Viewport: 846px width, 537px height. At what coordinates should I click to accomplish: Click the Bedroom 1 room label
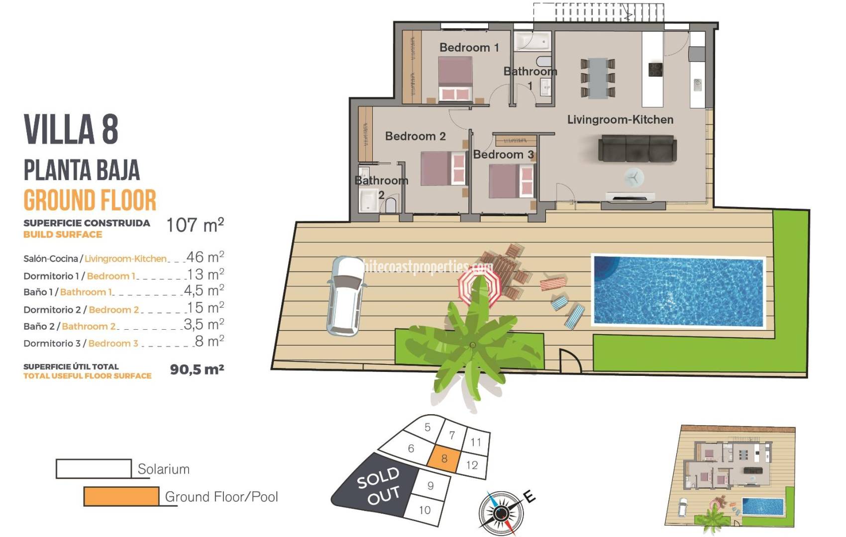click(469, 48)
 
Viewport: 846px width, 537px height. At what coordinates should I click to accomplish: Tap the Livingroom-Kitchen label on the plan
click(620, 120)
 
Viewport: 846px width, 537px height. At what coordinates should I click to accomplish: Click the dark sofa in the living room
click(637, 148)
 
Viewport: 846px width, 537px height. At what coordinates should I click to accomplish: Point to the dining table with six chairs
click(598, 78)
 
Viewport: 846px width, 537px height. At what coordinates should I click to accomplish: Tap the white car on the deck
click(346, 295)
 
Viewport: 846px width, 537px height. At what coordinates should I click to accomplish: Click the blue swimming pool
click(678, 291)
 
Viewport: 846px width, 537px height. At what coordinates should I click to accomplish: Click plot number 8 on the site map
click(444, 458)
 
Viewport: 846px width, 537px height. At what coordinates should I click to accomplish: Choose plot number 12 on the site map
click(472, 465)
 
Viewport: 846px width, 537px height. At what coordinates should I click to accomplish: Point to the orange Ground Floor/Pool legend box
click(121, 496)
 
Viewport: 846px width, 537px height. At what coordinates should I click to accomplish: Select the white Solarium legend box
click(94, 468)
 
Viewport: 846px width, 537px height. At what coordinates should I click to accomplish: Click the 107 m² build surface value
click(195, 225)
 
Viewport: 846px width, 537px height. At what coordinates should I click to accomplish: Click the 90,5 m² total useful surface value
click(197, 369)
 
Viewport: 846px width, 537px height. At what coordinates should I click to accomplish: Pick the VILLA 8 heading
click(71, 129)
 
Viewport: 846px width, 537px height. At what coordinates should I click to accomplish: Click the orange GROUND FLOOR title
click(90, 200)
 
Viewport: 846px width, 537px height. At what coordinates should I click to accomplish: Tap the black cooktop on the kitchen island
click(655, 69)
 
